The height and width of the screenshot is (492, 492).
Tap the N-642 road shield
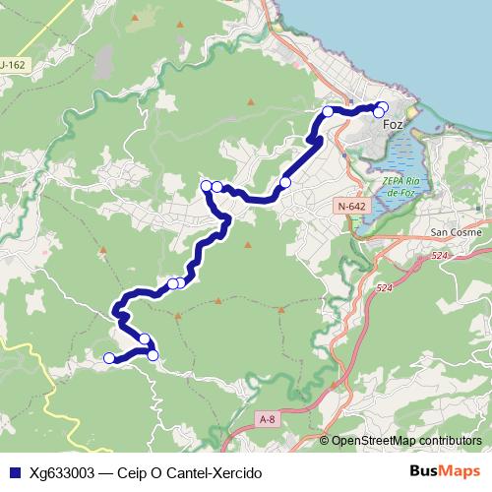(x=349, y=207)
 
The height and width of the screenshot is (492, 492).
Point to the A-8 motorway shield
(x=267, y=419)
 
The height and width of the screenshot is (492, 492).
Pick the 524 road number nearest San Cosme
(x=440, y=256)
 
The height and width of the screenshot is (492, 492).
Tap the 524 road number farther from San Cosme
(x=383, y=287)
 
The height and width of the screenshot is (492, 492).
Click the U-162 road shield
(x=12, y=65)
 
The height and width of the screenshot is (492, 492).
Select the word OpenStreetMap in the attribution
(x=373, y=441)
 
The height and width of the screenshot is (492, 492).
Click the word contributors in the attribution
(x=449, y=441)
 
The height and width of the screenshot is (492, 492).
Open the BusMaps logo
(x=445, y=471)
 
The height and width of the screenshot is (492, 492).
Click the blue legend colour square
(x=15, y=472)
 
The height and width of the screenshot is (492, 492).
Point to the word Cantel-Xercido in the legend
(x=215, y=472)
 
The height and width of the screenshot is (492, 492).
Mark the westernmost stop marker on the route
(x=108, y=358)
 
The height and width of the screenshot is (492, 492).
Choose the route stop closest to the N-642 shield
(x=285, y=182)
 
